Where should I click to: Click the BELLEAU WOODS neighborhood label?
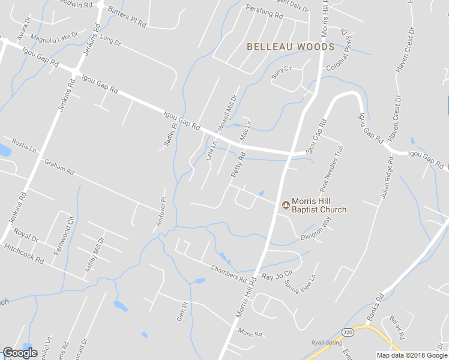pos(291,47)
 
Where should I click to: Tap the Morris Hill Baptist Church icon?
pos(285,205)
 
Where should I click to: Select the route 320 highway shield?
pos(348,331)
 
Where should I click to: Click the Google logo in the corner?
pos(20,353)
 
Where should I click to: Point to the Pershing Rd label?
pos(264,11)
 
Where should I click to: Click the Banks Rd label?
pos(375,306)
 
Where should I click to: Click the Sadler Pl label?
pos(170,134)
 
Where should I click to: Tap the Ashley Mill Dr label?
pos(94,255)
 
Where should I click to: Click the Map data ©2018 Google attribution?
pos(412,355)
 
